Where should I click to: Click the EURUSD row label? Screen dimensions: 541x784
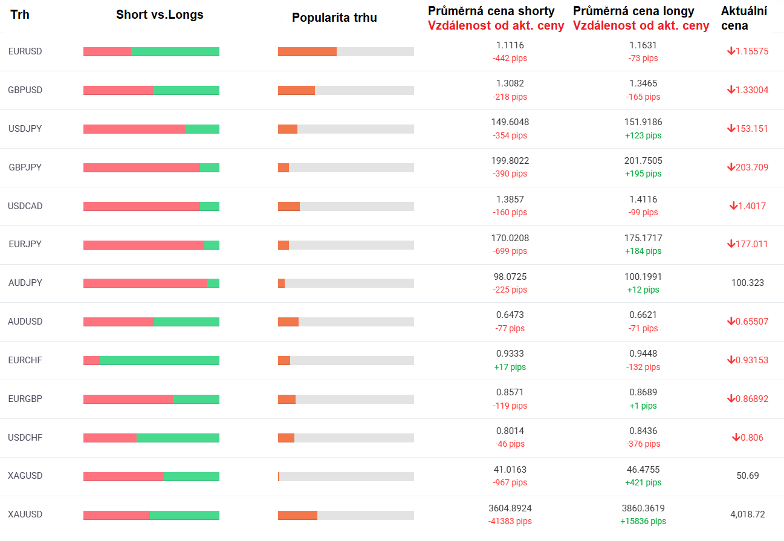25,51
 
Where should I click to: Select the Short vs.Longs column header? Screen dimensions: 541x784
160,15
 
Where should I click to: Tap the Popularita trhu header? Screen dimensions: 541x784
334,18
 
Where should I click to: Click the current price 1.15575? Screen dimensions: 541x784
752,51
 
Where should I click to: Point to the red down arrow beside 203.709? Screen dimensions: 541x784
731,167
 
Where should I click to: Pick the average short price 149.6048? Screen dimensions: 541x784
510,122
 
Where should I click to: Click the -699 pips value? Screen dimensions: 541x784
510,251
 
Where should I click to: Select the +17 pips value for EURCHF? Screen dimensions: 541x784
510,367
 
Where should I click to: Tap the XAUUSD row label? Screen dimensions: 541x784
25,514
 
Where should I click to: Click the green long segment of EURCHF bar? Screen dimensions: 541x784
160,360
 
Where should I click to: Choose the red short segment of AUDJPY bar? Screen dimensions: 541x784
145,283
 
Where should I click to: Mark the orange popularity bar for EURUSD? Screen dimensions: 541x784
307,51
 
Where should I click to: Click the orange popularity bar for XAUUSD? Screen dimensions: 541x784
297,515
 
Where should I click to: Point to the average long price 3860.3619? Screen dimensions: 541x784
643,508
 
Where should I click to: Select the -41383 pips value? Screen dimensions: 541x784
510,521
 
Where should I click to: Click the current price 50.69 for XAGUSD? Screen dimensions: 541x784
748,476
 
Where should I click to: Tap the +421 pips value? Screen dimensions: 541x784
643,482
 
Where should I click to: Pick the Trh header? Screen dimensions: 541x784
20,15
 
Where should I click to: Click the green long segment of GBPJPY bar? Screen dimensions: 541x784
210,167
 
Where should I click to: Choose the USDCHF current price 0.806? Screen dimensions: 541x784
752,438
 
